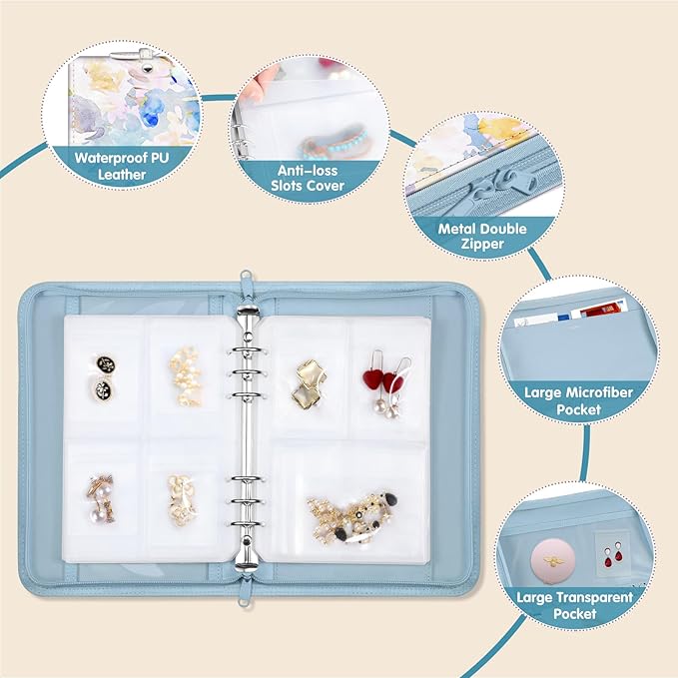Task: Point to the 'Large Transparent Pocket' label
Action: click(574, 606)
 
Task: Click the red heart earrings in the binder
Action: click(387, 381)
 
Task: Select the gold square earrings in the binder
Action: click(307, 381)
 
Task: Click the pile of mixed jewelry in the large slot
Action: click(349, 513)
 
